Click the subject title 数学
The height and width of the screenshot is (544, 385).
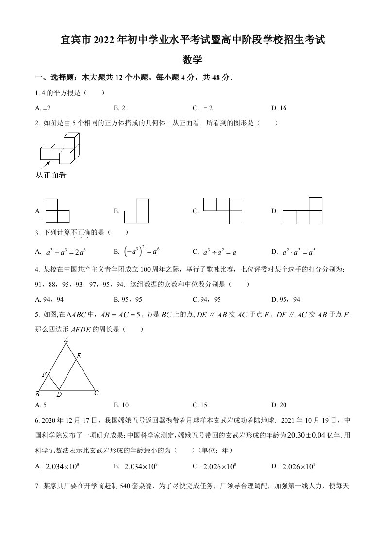[192, 60]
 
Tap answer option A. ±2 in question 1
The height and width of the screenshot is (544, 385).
[44, 108]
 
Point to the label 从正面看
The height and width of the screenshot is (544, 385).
[51, 175]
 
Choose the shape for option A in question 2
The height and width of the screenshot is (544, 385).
[57, 210]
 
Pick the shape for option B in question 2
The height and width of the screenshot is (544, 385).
[136, 210]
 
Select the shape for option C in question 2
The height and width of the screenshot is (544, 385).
[222, 210]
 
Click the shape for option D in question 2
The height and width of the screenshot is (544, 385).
[302, 210]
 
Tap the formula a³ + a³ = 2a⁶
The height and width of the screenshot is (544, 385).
[66, 252]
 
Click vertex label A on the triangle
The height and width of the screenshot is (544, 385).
[66, 340]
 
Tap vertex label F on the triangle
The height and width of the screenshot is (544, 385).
[44, 374]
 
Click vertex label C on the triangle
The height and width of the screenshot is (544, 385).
[97, 393]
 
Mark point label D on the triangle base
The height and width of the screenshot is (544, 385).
[59, 394]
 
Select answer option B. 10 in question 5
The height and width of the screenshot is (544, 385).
[121, 405]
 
